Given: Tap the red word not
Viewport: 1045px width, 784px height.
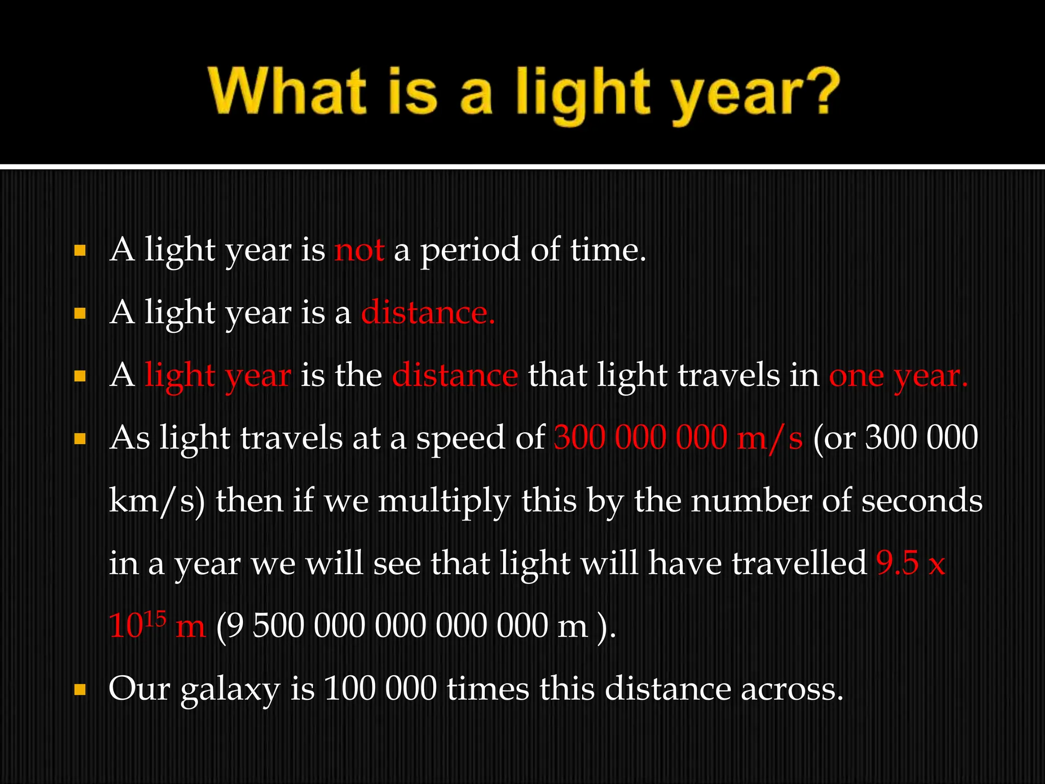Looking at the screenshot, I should coord(359,250).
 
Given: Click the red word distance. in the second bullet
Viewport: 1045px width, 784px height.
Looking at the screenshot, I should coord(428,313).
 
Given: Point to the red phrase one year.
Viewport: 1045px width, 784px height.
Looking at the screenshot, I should coord(898,376).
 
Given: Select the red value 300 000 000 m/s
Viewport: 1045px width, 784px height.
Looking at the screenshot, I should coord(678,438).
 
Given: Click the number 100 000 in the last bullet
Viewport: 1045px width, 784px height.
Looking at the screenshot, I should coord(380,689).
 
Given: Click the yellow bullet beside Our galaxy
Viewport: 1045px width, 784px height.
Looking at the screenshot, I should coord(80,691).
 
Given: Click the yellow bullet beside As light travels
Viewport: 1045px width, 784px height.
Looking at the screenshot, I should coord(80,439).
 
